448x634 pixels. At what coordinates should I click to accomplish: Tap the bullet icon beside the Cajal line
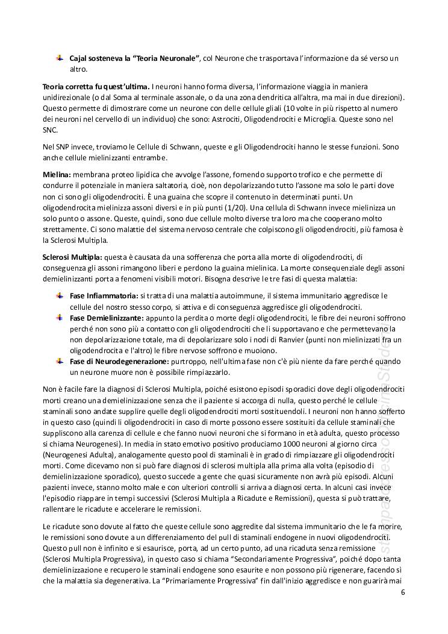pyautogui.click(x=60, y=58)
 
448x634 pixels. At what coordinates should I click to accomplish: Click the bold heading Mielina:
pyautogui.click(x=57, y=174)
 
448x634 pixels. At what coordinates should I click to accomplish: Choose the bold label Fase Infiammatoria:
pyautogui.click(x=104, y=296)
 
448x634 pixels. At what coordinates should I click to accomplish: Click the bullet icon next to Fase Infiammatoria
pyautogui.click(x=60, y=295)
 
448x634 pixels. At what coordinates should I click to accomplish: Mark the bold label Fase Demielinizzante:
pyautogui.click(x=107, y=318)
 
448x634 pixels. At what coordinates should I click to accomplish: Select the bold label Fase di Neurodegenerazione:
pyautogui.click(x=119, y=361)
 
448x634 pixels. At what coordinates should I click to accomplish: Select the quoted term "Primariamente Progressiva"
pyautogui.click(x=219, y=581)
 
